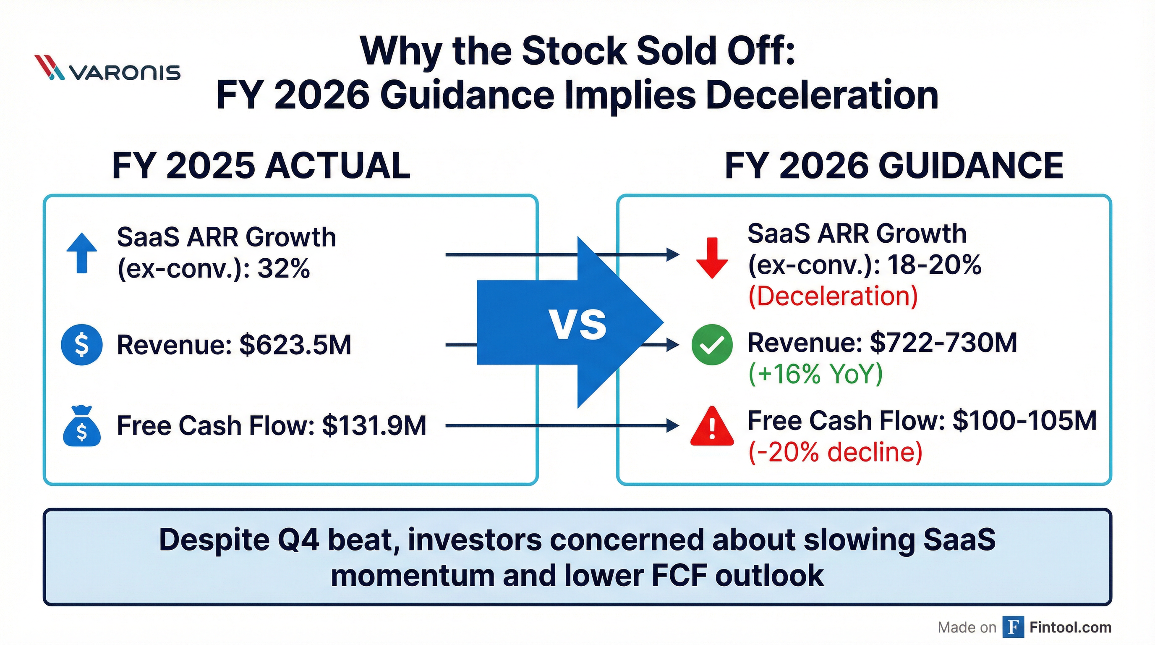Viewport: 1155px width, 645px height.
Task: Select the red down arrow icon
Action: click(x=712, y=258)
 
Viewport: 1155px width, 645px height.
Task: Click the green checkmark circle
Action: click(x=712, y=344)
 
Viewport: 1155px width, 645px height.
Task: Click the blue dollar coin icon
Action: click(x=81, y=344)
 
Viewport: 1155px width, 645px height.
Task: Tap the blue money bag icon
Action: click(x=81, y=427)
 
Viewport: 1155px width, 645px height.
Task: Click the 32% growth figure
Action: click(x=283, y=269)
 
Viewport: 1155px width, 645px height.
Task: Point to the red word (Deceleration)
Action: click(x=833, y=296)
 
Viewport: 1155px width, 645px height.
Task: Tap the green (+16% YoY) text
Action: click(x=815, y=374)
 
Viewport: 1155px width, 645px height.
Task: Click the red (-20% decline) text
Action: click(x=835, y=452)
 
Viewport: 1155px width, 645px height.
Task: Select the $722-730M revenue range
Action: click(x=943, y=343)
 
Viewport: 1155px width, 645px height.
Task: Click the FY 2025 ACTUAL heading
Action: click(x=261, y=166)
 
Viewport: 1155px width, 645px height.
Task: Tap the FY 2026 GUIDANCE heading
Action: click(x=894, y=166)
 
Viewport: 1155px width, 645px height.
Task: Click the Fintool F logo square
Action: click(x=1013, y=627)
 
